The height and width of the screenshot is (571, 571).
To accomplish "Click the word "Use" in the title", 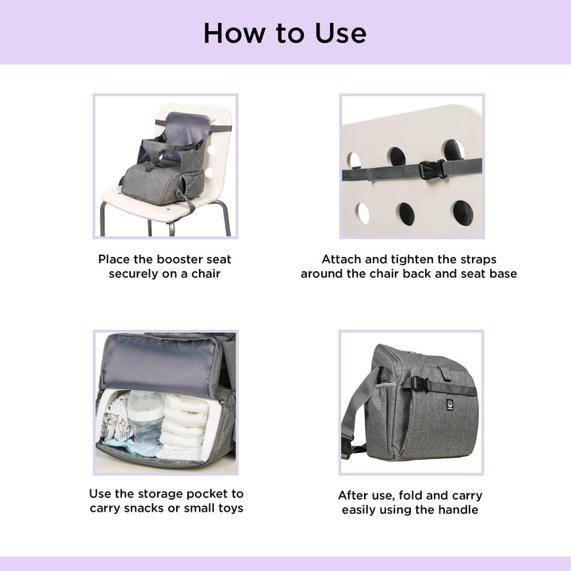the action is coord(340,33).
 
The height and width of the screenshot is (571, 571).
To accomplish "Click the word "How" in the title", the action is coord(234,33).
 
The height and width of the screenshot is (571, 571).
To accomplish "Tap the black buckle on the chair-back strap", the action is coord(432,170).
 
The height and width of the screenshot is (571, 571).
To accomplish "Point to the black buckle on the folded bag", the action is coord(420,385).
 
